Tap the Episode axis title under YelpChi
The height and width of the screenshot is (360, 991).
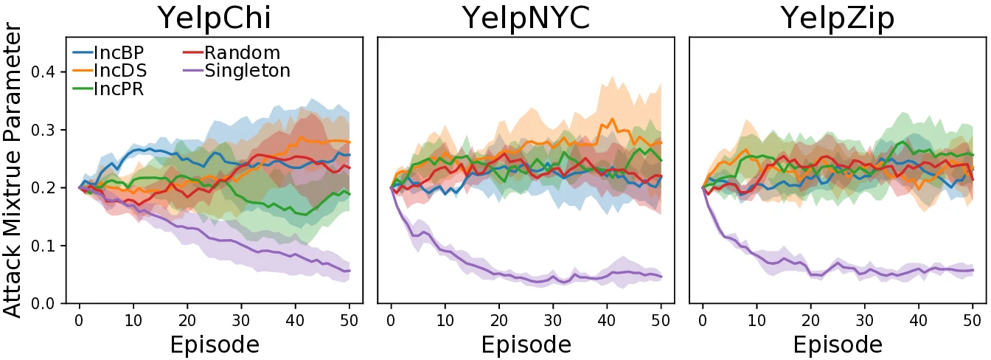[x=214, y=345]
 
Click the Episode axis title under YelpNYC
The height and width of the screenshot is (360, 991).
[x=526, y=345]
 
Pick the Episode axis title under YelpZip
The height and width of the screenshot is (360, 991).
[x=838, y=345]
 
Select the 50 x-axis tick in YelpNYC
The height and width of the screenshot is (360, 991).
[x=661, y=319]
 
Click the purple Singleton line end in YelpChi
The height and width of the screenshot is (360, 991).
[x=350, y=271]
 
